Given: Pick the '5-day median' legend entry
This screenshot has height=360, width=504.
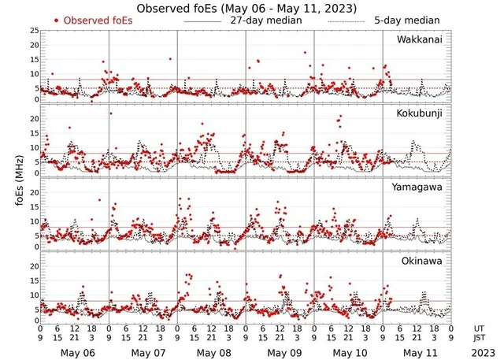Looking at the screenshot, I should coord(407,20).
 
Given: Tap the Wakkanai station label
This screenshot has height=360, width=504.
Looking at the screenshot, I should coord(421,39).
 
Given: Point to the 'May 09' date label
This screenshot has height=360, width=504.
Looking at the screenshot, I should coord(280,351).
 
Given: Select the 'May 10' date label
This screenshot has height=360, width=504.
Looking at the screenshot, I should coord(348,351).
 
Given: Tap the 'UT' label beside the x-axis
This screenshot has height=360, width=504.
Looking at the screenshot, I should coord(480,327).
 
